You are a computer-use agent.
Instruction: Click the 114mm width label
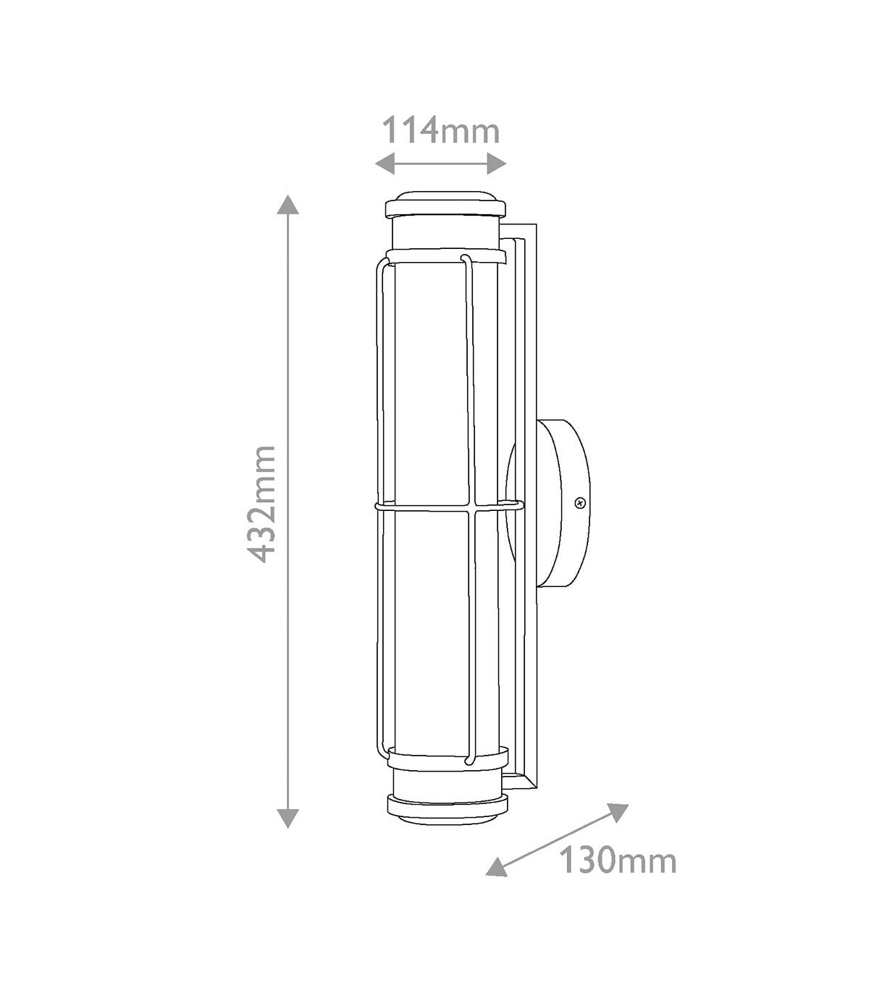(441, 130)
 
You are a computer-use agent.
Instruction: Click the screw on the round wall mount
(579, 503)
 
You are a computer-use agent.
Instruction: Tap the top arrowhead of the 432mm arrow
(288, 204)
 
